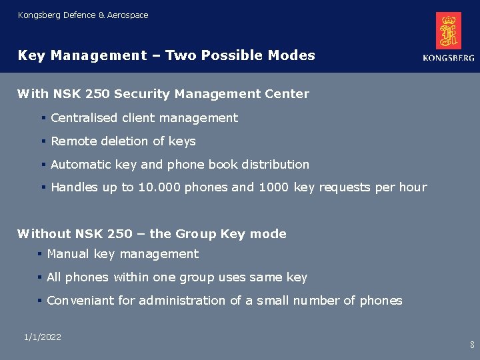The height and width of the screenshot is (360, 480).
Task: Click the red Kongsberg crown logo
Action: [x=449, y=31]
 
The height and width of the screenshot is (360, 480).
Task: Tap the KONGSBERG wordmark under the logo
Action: [x=449, y=58]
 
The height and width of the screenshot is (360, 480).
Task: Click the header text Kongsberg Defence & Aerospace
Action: [x=83, y=15]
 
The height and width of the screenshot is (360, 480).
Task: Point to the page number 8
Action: [x=472, y=345]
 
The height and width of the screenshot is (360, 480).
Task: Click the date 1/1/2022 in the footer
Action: [x=42, y=337]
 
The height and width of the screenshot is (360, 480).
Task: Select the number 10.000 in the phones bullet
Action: [x=159, y=187]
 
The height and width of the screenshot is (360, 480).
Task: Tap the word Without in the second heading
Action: [x=44, y=234]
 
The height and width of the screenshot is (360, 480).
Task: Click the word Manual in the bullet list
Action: [x=67, y=254]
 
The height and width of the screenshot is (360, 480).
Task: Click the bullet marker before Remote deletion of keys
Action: [x=43, y=141]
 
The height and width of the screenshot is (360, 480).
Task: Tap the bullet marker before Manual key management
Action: [x=40, y=254]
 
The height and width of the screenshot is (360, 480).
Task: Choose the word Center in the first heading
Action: [x=288, y=94]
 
